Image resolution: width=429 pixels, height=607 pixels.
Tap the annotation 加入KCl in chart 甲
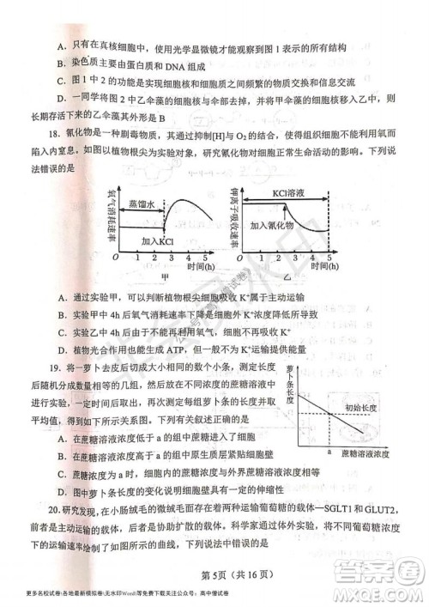coord(160,241)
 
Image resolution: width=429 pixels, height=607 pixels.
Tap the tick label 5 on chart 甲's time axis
coord(206,258)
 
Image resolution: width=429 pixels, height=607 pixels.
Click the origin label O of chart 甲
coord(115,258)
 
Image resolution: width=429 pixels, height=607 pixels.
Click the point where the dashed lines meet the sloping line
coord(330,416)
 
